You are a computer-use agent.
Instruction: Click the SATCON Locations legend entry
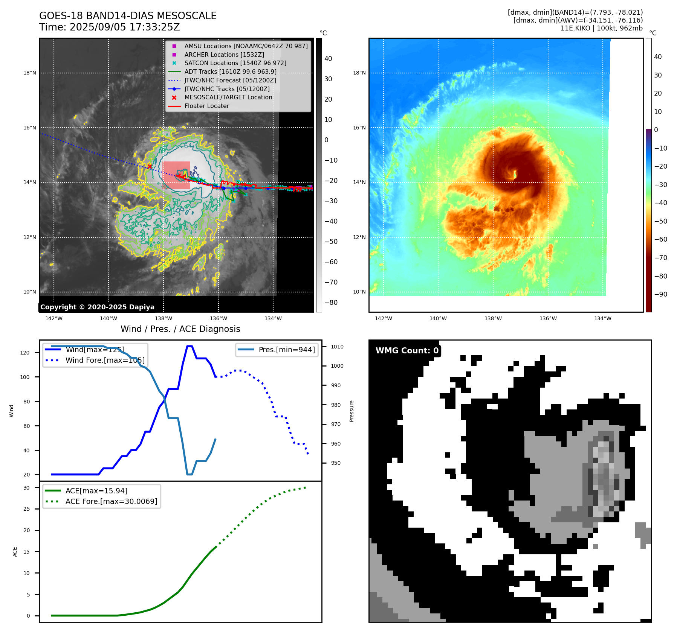coord(235,63)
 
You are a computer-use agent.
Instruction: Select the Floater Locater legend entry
coord(206,106)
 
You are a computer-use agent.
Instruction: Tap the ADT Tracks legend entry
coord(230,72)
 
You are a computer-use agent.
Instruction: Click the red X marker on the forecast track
coord(149,166)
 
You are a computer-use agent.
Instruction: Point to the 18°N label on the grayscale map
coord(30,73)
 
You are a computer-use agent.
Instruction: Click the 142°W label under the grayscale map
coord(54,319)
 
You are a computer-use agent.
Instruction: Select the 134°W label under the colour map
coord(603,319)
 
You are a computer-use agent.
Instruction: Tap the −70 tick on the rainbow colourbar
coord(660,258)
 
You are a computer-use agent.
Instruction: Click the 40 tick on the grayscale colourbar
coord(328,59)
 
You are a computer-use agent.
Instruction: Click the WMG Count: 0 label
coord(407,351)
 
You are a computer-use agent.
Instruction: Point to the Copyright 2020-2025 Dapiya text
coord(97,307)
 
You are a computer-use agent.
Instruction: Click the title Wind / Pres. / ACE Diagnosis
coord(180,329)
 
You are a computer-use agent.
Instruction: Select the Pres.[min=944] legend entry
coord(286,350)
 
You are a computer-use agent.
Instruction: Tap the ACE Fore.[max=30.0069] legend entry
coord(111,502)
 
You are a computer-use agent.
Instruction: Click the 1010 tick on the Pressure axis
coord(337,347)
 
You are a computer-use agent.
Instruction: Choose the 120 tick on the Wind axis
coord(25,353)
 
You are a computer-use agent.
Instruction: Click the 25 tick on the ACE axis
coord(27,509)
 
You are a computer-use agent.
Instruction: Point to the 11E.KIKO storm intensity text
coord(601,28)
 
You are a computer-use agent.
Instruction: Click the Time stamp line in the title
coord(109,27)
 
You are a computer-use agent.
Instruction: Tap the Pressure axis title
coord(351,411)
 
